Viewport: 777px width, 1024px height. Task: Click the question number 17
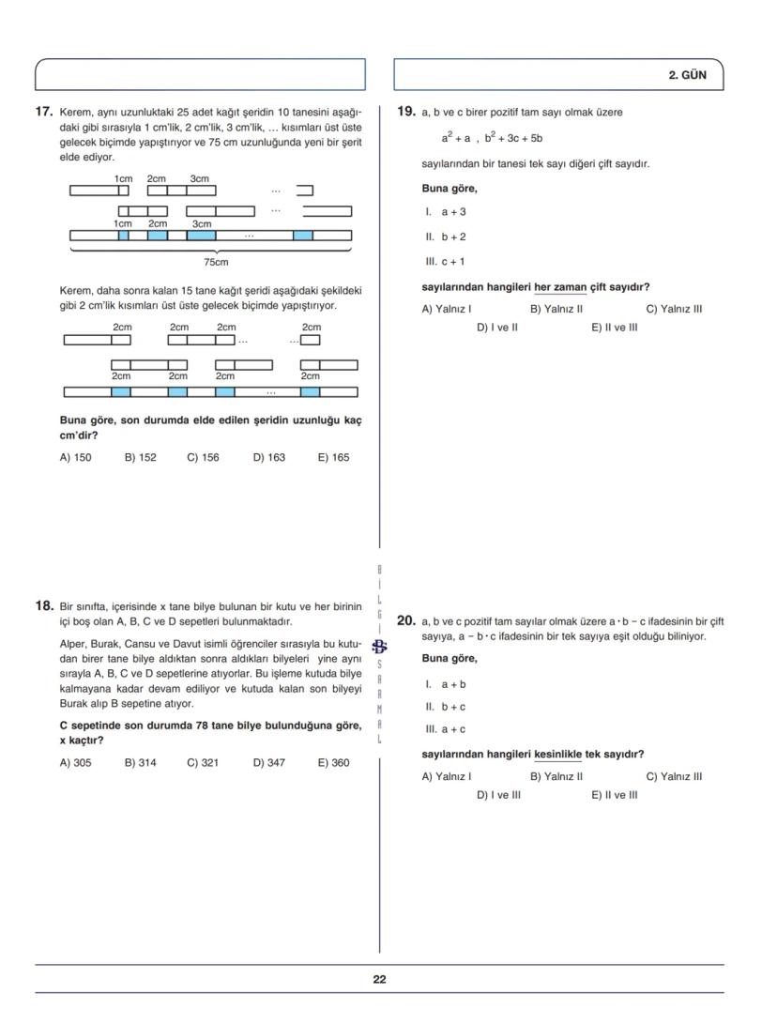point(43,112)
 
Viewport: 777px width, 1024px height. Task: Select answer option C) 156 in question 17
point(203,458)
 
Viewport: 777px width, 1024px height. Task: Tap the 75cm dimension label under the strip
point(216,262)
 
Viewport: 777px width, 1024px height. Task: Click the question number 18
point(43,606)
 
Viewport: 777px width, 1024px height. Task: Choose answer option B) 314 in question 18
point(141,763)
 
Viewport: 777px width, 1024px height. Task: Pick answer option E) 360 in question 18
point(333,763)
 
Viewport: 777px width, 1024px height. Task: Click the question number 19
point(406,112)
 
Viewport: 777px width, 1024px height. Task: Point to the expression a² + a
point(456,138)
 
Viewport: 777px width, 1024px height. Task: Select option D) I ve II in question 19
point(497,328)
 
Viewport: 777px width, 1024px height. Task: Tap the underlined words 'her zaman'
point(560,287)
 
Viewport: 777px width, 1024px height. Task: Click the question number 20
point(406,620)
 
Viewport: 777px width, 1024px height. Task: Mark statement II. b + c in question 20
point(446,707)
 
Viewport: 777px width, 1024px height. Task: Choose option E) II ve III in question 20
point(615,795)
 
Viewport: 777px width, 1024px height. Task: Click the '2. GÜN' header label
point(687,75)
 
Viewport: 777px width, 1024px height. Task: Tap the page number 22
point(379,979)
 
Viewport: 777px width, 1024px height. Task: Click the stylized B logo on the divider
point(379,646)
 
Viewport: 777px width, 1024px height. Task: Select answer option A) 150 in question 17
point(75,458)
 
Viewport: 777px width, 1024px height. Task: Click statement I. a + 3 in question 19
point(446,212)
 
